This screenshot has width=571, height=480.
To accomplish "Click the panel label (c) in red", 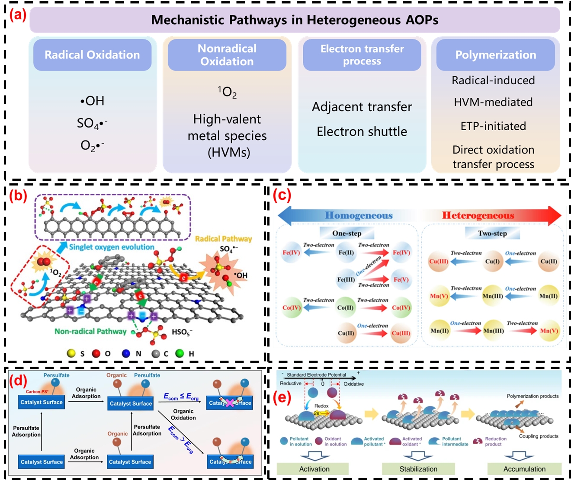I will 282,195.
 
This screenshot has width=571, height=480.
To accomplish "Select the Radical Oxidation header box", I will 92,55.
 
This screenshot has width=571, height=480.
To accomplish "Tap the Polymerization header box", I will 495,55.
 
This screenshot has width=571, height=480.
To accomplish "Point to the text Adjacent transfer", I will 362,107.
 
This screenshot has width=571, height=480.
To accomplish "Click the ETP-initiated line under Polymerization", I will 493,126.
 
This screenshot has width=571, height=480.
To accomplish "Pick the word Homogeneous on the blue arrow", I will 359,215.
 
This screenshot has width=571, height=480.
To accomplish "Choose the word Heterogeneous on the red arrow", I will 478,215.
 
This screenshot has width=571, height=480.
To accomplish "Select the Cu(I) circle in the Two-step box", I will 492,262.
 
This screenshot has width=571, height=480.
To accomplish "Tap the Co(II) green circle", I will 345,308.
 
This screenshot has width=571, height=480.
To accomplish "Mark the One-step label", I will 346,234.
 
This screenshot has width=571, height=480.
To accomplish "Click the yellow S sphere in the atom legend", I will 71,353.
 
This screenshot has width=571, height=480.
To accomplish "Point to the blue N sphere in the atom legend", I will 126,353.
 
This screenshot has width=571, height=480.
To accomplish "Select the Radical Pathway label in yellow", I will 223,239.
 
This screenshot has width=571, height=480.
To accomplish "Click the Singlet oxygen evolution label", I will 112,247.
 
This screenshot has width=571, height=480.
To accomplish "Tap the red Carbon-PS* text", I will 37,392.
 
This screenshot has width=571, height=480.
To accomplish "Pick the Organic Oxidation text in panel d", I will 183,414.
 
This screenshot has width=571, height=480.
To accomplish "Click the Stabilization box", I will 418,469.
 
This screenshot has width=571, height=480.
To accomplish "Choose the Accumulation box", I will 524,469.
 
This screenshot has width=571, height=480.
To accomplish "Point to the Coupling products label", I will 539,436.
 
